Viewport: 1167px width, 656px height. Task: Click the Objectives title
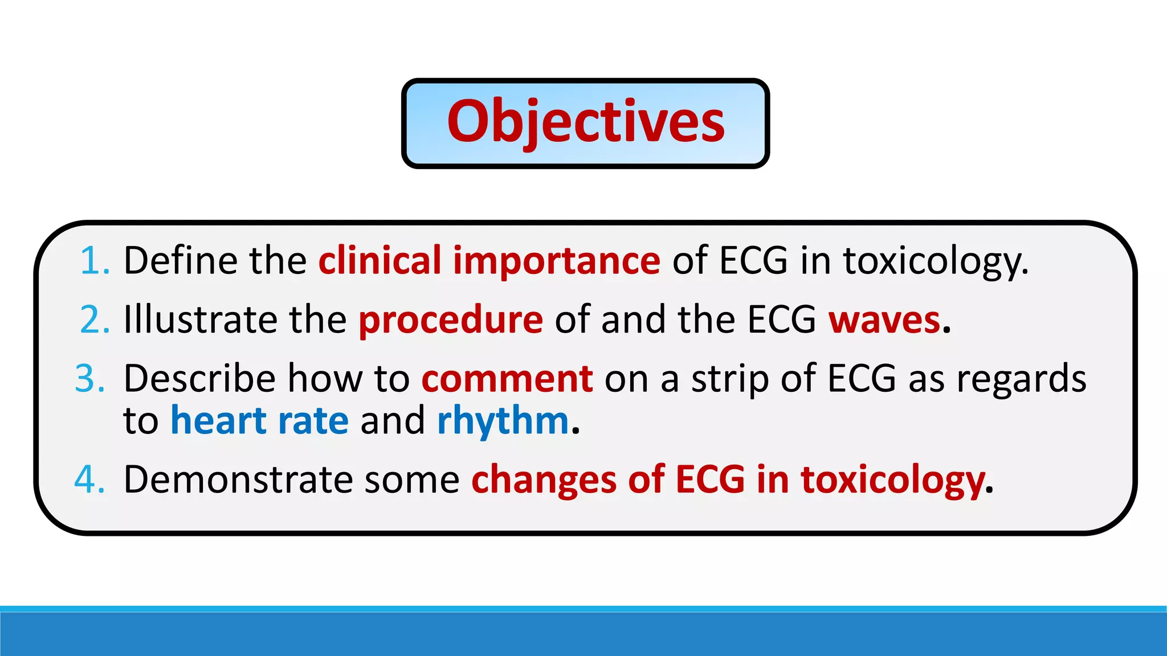click(x=585, y=122)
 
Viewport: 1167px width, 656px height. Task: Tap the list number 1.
click(x=95, y=261)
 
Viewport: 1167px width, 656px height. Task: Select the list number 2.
click(x=95, y=320)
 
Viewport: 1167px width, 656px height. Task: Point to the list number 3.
click(x=90, y=379)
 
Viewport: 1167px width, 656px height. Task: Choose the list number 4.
click(x=90, y=479)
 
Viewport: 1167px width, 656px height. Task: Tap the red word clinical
click(x=380, y=261)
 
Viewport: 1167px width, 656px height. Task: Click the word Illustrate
click(x=200, y=319)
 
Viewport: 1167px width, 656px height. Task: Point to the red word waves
click(x=884, y=320)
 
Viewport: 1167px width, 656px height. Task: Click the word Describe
click(x=199, y=379)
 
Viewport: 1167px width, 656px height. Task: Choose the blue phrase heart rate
click(x=259, y=421)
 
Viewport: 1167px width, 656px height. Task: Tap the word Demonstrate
click(x=238, y=479)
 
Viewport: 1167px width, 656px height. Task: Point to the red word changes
click(x=544, y=481)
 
